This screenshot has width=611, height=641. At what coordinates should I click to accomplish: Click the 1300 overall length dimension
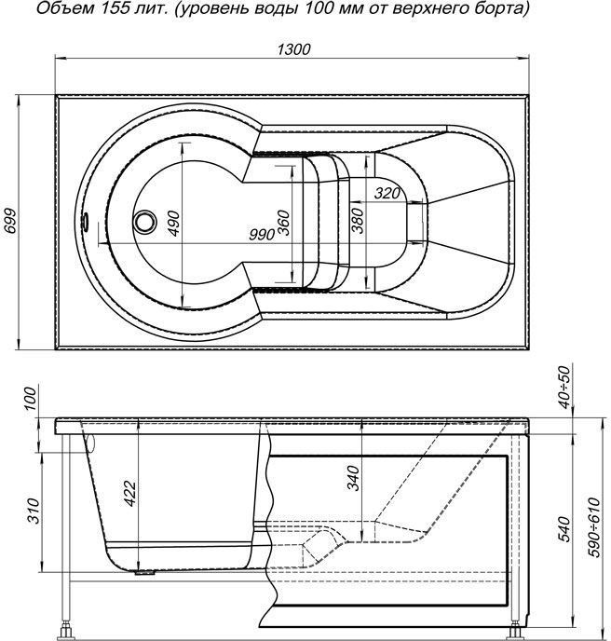click(x=293, y=49)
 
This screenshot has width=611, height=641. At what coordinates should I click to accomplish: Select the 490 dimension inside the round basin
click(x=173, y=224)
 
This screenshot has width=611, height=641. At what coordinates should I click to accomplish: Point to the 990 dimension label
click(x=262, y=235)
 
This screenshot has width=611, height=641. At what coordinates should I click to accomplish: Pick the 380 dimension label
click(x=358, y=221)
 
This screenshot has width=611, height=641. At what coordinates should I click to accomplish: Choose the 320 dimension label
click(x=387, y=193)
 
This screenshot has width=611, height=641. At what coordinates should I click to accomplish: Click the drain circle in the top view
click(x=144, y=222)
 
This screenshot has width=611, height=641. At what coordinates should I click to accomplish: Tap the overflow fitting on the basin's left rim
click(x=86, y=221)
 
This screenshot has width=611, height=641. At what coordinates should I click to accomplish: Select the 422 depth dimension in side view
click(x=130, y=494)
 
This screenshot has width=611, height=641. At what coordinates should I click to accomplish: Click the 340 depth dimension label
click(x=352, y=478)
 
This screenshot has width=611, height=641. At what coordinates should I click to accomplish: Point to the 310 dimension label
click(x=33, y=511)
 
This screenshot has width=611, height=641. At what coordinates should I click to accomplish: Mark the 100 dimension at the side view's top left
click(x=30, y=400)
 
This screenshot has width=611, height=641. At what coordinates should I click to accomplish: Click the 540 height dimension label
click(x=564, y=529)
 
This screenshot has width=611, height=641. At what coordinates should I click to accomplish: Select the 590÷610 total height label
click(x=593, y=527)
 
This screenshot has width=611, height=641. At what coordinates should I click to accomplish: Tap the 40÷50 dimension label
click(x=564, y=388)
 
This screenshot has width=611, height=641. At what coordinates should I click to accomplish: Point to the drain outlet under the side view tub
click(x=145, y=572)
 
